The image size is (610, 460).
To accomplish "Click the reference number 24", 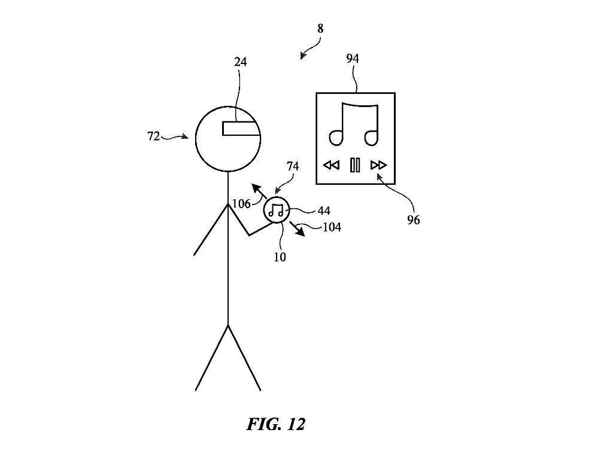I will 241,62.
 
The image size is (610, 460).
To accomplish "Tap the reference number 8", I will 320,28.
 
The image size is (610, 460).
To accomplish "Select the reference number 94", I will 353,59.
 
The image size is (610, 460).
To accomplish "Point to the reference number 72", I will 153,136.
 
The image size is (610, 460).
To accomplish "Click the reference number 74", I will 293,167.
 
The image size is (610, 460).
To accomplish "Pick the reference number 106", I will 241,204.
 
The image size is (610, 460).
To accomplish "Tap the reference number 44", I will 324,211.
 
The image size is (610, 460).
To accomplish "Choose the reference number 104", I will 332,227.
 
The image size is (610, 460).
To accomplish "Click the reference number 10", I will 280,257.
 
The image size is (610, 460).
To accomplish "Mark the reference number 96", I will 414,220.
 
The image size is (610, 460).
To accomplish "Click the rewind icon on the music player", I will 331,165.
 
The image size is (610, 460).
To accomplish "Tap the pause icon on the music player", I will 355,165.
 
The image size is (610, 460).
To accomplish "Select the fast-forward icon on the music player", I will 379,165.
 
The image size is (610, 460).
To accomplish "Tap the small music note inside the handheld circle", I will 276,210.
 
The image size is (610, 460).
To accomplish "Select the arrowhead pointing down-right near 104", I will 300,233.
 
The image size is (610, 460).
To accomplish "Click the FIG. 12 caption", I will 276,425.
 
